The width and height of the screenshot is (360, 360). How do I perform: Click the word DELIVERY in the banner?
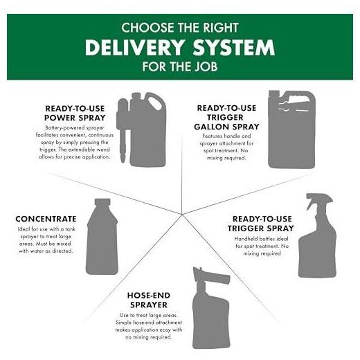point(135,48)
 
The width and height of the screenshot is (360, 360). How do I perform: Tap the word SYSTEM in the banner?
point(234,48)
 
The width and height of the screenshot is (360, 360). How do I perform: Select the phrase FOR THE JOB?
point(180,66)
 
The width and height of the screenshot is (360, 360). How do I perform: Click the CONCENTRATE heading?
point(46,219)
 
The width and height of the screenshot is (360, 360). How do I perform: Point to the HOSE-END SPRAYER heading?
point(149,300)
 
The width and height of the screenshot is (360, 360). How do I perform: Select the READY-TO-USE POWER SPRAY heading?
point(75,113)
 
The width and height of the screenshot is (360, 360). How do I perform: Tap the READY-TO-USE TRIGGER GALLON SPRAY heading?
point(226,117)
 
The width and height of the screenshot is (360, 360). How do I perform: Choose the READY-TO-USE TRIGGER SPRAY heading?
point(261,224)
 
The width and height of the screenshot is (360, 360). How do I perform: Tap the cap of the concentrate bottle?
point(102,201)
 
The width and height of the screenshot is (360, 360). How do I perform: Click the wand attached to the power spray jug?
point(123,130)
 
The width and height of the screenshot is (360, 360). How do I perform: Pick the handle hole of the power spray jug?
point(155,102)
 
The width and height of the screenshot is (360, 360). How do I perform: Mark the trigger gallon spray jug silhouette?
point(291,129)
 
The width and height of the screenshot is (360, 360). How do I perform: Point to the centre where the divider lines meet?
point(182,214)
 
